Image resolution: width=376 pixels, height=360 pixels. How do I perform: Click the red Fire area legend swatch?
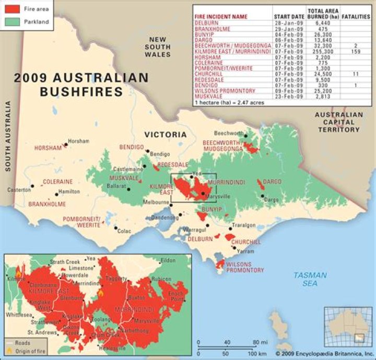point(12,9)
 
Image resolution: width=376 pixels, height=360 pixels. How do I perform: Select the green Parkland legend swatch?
point(12,21)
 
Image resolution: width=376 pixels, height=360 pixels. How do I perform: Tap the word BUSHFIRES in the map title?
point(81,92)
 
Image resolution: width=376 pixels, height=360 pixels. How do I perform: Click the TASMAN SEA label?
point(310,279)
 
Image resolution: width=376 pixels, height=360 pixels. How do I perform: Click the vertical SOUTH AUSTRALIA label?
point(8,136)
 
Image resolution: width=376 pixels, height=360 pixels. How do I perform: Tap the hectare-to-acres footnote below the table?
point(228,103)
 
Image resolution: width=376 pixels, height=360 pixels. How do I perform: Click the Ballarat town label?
point(116,186)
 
